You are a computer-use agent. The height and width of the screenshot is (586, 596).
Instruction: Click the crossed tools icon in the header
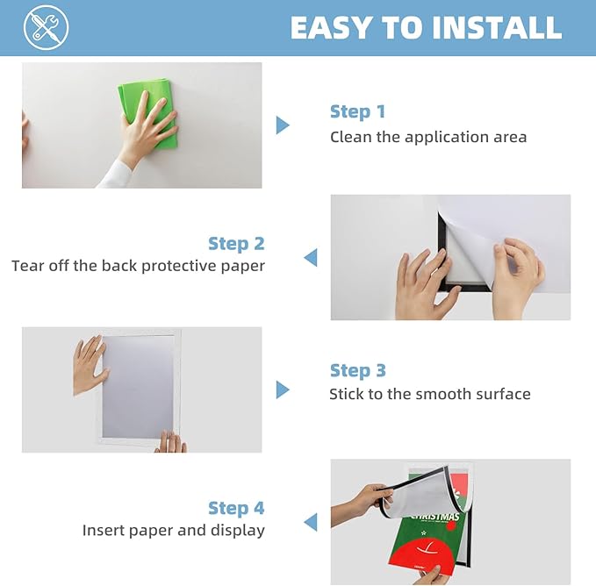pyautogui.click(x=47, y=28)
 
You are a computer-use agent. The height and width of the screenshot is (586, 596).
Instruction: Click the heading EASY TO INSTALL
pyautogui.click(x=426, y=28)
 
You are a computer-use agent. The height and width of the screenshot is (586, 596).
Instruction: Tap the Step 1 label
pyautogui.click(x=357, y=111)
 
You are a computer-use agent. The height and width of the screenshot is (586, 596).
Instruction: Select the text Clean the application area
pyautogui.click(x=428, y=137)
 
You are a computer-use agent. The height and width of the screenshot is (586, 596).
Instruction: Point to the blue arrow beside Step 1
pyautogui.click(x=282, y=125)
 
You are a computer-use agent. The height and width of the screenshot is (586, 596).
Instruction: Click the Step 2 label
pyautogui.click(x=236, y=243)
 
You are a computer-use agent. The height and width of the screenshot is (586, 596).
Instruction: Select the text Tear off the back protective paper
pyautogui.click(x=138, y=265)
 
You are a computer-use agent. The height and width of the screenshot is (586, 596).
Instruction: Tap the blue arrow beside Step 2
pyautogui.click(x=310, y=257)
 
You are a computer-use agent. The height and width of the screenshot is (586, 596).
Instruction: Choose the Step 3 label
pyautogui.click(x=357, y=370)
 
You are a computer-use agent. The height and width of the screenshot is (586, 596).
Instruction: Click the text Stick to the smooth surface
pyautogui.click(x=430, y=394)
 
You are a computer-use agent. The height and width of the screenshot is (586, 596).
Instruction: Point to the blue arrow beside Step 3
pyautogui.click(x=282, y=389)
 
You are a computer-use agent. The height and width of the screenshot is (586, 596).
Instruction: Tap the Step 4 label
pyautogui.click(x=236, y=508)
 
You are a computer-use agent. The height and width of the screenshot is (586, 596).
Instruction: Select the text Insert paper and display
pyautogui.click(x=173, y=530)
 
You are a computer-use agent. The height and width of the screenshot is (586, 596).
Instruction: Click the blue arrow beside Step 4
pyautogui.click(x=310, y=522)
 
